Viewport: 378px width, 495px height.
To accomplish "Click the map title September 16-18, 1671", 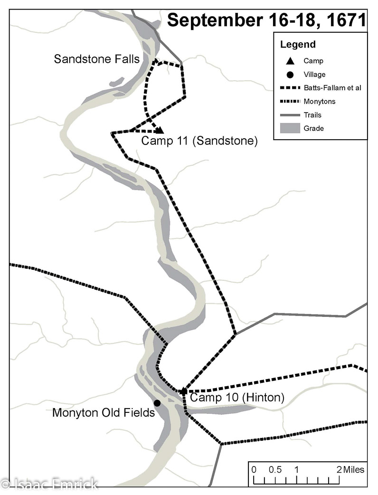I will (x=267, y=21).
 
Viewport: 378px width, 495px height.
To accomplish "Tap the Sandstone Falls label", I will (x=97, y=59).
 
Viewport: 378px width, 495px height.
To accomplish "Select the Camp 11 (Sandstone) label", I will (x=199, y=141).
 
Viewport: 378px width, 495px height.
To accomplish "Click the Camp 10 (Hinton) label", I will (x=236, y=398).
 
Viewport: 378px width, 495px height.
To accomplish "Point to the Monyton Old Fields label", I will (x=104, y=412).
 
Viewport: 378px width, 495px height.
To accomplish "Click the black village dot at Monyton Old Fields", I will (x=157, y=403).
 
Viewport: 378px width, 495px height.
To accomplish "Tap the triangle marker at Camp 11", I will (x=160, y=130).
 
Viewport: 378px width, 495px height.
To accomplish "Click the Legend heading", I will (x=298, y=45).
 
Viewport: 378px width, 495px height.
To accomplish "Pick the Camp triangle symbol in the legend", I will (x=290, y=61).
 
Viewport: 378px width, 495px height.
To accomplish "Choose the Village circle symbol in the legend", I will (x=290, y=74).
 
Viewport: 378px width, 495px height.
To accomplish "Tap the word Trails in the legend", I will (x=313, y=114).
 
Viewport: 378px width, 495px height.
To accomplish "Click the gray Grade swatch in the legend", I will (x=290, y=128).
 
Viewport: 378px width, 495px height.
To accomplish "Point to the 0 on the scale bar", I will (x=254, y=470).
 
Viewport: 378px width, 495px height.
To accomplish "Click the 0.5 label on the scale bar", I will (x=275, y=470).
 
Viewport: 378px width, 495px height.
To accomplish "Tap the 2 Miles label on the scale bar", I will (x=351, y=470).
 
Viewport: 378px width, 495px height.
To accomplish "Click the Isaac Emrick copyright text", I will (x=50, y=485).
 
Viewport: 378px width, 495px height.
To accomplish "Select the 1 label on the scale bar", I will (x=296, y=470).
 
